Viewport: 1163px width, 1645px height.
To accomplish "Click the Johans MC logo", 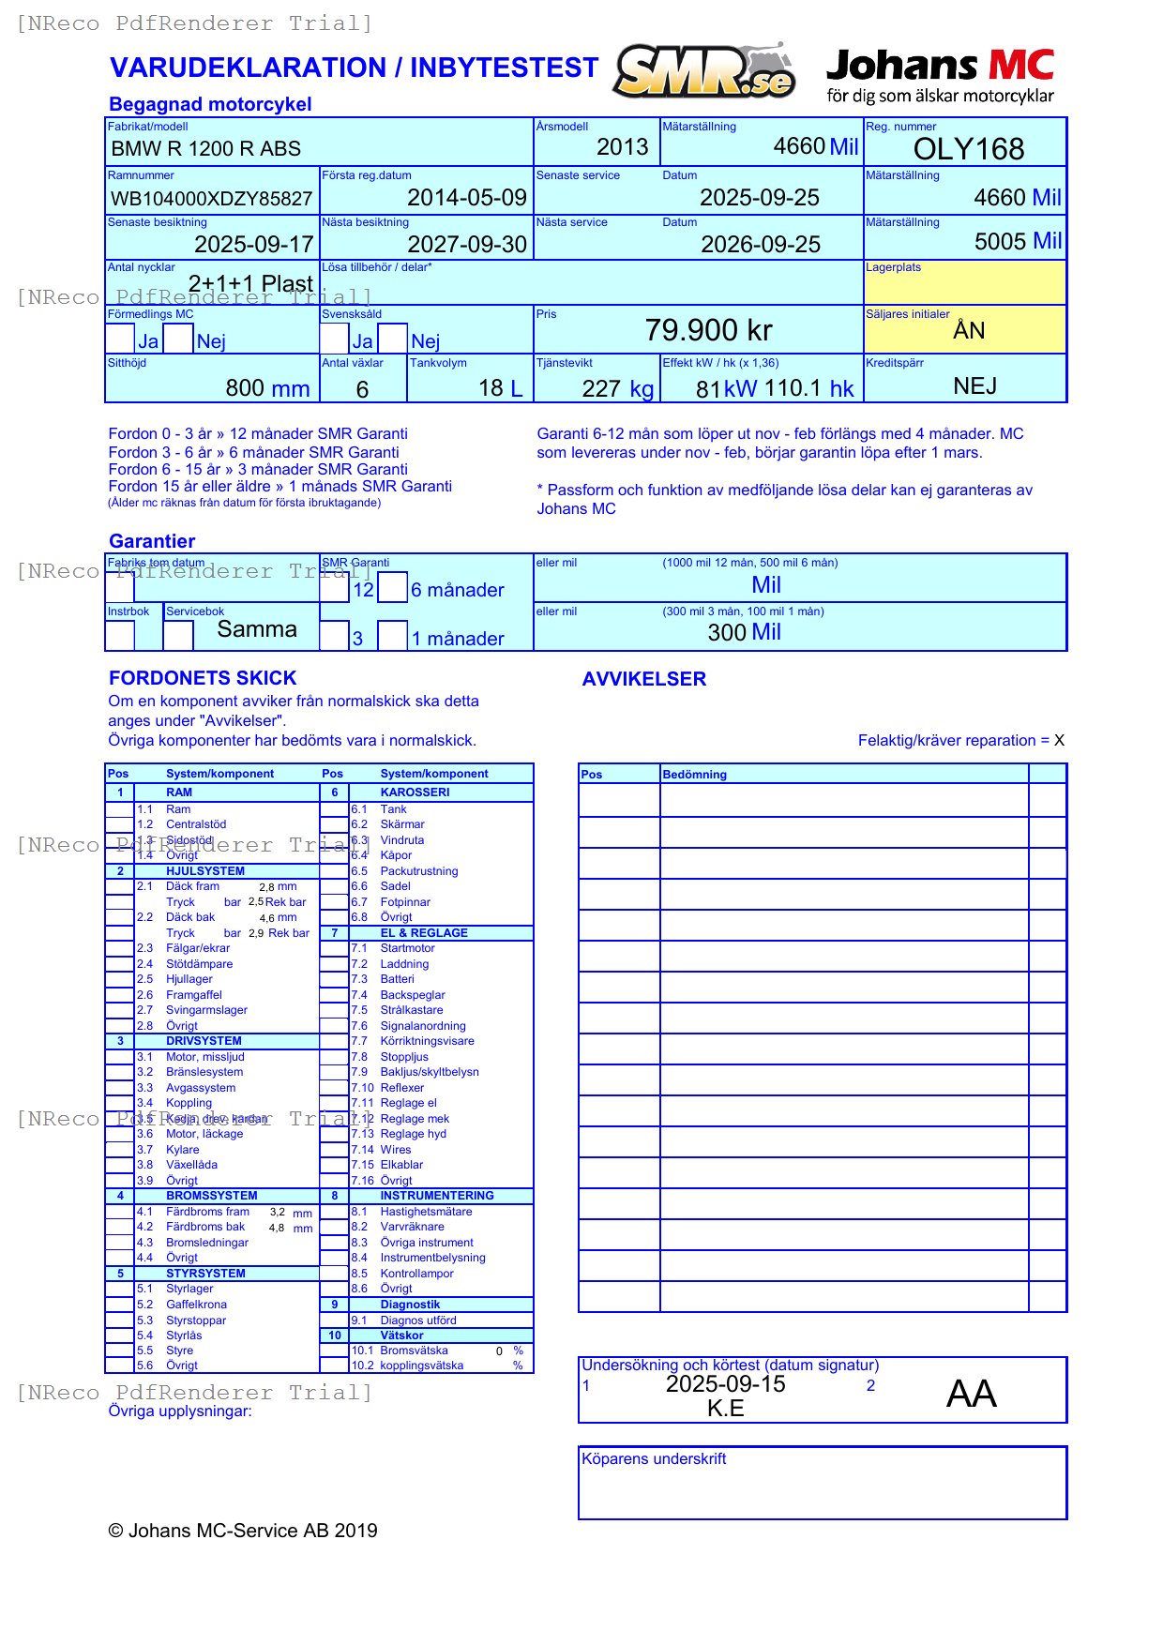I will pyautogui.click(x=940, y=75).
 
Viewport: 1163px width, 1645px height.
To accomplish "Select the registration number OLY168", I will pyautogui.click(x=968, y=149).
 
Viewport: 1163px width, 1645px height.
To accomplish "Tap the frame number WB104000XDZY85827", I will pyautogui.click(x=211, y=199).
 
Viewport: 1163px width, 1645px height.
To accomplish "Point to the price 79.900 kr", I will pyautogui.click(x=708, y=330).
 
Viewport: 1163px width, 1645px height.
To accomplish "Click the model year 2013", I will pyautogui.click(x=622, y=147).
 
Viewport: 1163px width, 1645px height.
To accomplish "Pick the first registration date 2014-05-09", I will pyautogui.click(x=466, y=198).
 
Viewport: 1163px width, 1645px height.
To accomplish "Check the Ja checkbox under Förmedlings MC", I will pyautogui.click(x=120, y=339).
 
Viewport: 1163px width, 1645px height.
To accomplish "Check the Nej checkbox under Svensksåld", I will pyautogui.click(x=393, y=339).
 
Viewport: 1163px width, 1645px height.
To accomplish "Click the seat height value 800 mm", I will pyautogui.click(x=267, y=388).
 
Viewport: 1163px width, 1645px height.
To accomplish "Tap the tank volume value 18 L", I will pyautogui.click(x=500, y=388).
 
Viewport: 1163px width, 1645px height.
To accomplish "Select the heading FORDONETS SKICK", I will pyautogui.click(x=203, y=678).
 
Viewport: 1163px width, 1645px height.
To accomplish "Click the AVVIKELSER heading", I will pyautogui.click(x=643, y=679).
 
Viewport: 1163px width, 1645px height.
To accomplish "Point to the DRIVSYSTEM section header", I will pyautogui.click(x=204, y=1041).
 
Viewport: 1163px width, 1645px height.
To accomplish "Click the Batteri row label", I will pyautogui.click(x=397, y=979).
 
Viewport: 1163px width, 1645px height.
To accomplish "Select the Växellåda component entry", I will pyautogui.click(x=191, y=1165).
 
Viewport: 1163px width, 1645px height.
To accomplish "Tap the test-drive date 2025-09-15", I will pyautogui.click(x=725, y=1384).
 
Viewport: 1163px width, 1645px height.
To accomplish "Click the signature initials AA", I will pyautogui.click(x=971, y=1394).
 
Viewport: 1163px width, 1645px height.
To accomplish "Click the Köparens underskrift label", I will pyautogui.click(x=654, y=1459).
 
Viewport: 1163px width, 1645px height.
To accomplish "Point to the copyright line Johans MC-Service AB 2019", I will pyautogui.click(x=243, y=1531).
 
